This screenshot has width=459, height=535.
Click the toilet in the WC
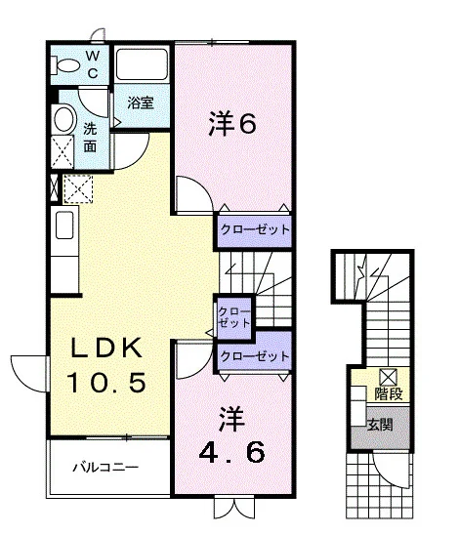coord(64,65)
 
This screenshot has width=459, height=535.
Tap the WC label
coord(93,64)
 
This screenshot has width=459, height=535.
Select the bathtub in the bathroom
coord(142,63)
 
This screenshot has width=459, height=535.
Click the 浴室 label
coord(141,103)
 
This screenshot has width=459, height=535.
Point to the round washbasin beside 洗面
coord(64,119)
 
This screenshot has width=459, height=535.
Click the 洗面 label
coord(90,138)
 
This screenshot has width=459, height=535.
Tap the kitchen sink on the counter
coord(64,225)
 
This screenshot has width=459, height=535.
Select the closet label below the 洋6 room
coord(255,229)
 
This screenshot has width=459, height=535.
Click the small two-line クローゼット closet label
coord(233,317)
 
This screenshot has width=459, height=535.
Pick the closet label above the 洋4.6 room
coord(255,356)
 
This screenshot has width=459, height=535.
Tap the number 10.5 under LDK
coord(106,383)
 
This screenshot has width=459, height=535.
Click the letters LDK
coord(106,348)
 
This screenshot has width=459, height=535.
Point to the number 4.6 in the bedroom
coord(232,452)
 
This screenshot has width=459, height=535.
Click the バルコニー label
coord(105,467)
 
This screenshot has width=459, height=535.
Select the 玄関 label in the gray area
coord(380,425)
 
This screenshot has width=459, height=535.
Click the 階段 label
coord(389,393)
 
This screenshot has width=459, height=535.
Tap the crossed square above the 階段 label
coord(389,378)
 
